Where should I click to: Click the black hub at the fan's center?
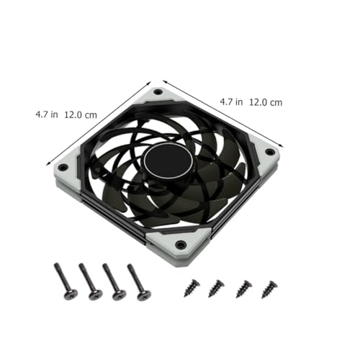[168, 161]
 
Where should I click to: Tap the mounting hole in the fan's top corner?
[158, 92]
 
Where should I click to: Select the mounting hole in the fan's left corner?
[62, 167]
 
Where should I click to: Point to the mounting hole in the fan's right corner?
[270, 152]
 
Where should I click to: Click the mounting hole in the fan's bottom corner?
[180, 245]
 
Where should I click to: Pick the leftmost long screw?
[66, 282]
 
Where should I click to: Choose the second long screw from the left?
[91, 282]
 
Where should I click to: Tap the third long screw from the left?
[114, 282]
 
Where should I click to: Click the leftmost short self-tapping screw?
[192, 287]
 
